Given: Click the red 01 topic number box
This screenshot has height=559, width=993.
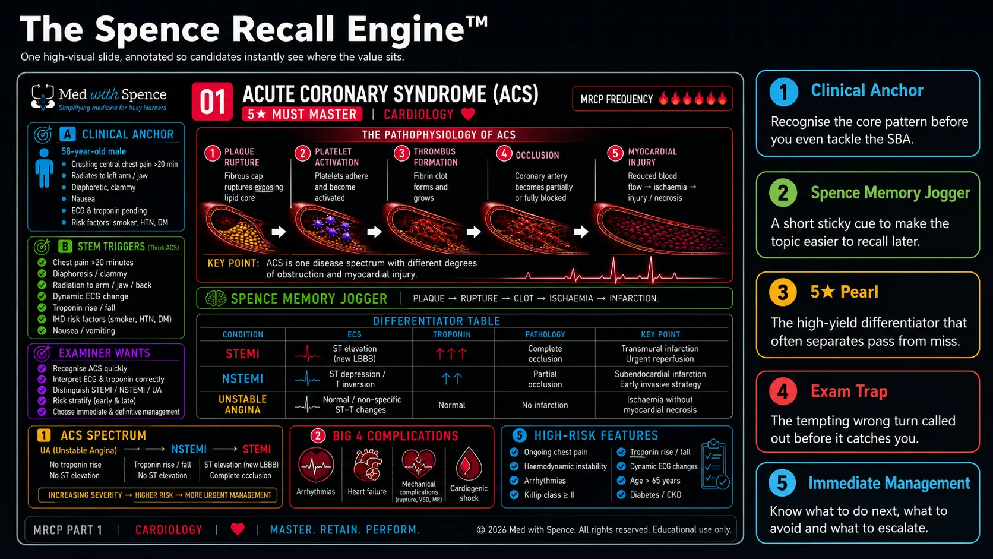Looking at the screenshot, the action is pos(212,102).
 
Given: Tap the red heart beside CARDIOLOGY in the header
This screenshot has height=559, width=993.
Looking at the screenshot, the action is pos(468,115).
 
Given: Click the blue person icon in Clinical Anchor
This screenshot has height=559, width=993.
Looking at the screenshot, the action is pos(44,168).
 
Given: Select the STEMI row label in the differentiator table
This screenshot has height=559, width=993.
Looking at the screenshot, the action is pos(242,353).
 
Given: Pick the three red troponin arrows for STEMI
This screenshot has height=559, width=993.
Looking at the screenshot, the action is pos(451,353).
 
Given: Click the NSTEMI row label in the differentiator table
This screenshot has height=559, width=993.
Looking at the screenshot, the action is pos(242,378).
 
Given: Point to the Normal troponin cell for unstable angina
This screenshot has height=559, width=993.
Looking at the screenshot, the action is pos(452,405).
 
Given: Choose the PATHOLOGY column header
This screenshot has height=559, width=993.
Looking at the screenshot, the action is pos(545,334).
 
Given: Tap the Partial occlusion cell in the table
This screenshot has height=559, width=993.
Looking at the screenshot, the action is pos(545,379).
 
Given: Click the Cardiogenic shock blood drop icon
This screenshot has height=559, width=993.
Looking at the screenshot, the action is pos(469,464).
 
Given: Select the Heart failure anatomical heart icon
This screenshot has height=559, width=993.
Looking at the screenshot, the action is pos(366,465).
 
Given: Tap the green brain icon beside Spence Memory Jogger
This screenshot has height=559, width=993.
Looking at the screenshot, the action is pos(216,298).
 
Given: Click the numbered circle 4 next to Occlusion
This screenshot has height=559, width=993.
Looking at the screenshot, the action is pos(504,154).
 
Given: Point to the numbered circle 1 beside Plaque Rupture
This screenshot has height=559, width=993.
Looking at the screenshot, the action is pos(213,154).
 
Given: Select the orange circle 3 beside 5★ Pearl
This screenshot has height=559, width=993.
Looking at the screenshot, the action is pos(782,293).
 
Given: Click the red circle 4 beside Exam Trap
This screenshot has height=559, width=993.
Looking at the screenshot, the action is pos(783,392).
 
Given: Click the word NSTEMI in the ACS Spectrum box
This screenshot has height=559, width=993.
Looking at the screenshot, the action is pos(189,449).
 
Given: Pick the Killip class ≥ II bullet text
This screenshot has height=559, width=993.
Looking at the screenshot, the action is pos(549,495).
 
